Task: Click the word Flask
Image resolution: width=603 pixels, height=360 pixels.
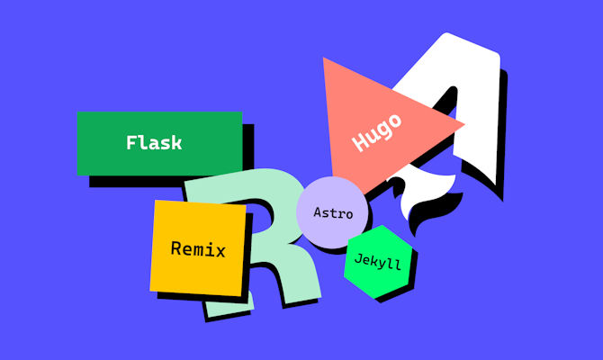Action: tap(154, 143)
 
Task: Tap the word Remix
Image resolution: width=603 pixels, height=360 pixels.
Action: tap(197, 249)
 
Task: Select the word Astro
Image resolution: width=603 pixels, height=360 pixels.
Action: tap(332, 214)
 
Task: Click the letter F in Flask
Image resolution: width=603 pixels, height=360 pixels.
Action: tap(131, 143)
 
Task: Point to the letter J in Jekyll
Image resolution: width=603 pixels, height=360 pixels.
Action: tap(359, 258)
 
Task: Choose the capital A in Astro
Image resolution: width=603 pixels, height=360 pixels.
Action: tap(318, 214)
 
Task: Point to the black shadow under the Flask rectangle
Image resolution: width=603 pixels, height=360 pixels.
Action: tap(171, 181)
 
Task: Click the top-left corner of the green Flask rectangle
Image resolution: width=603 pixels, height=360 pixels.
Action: tap(78, 113)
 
